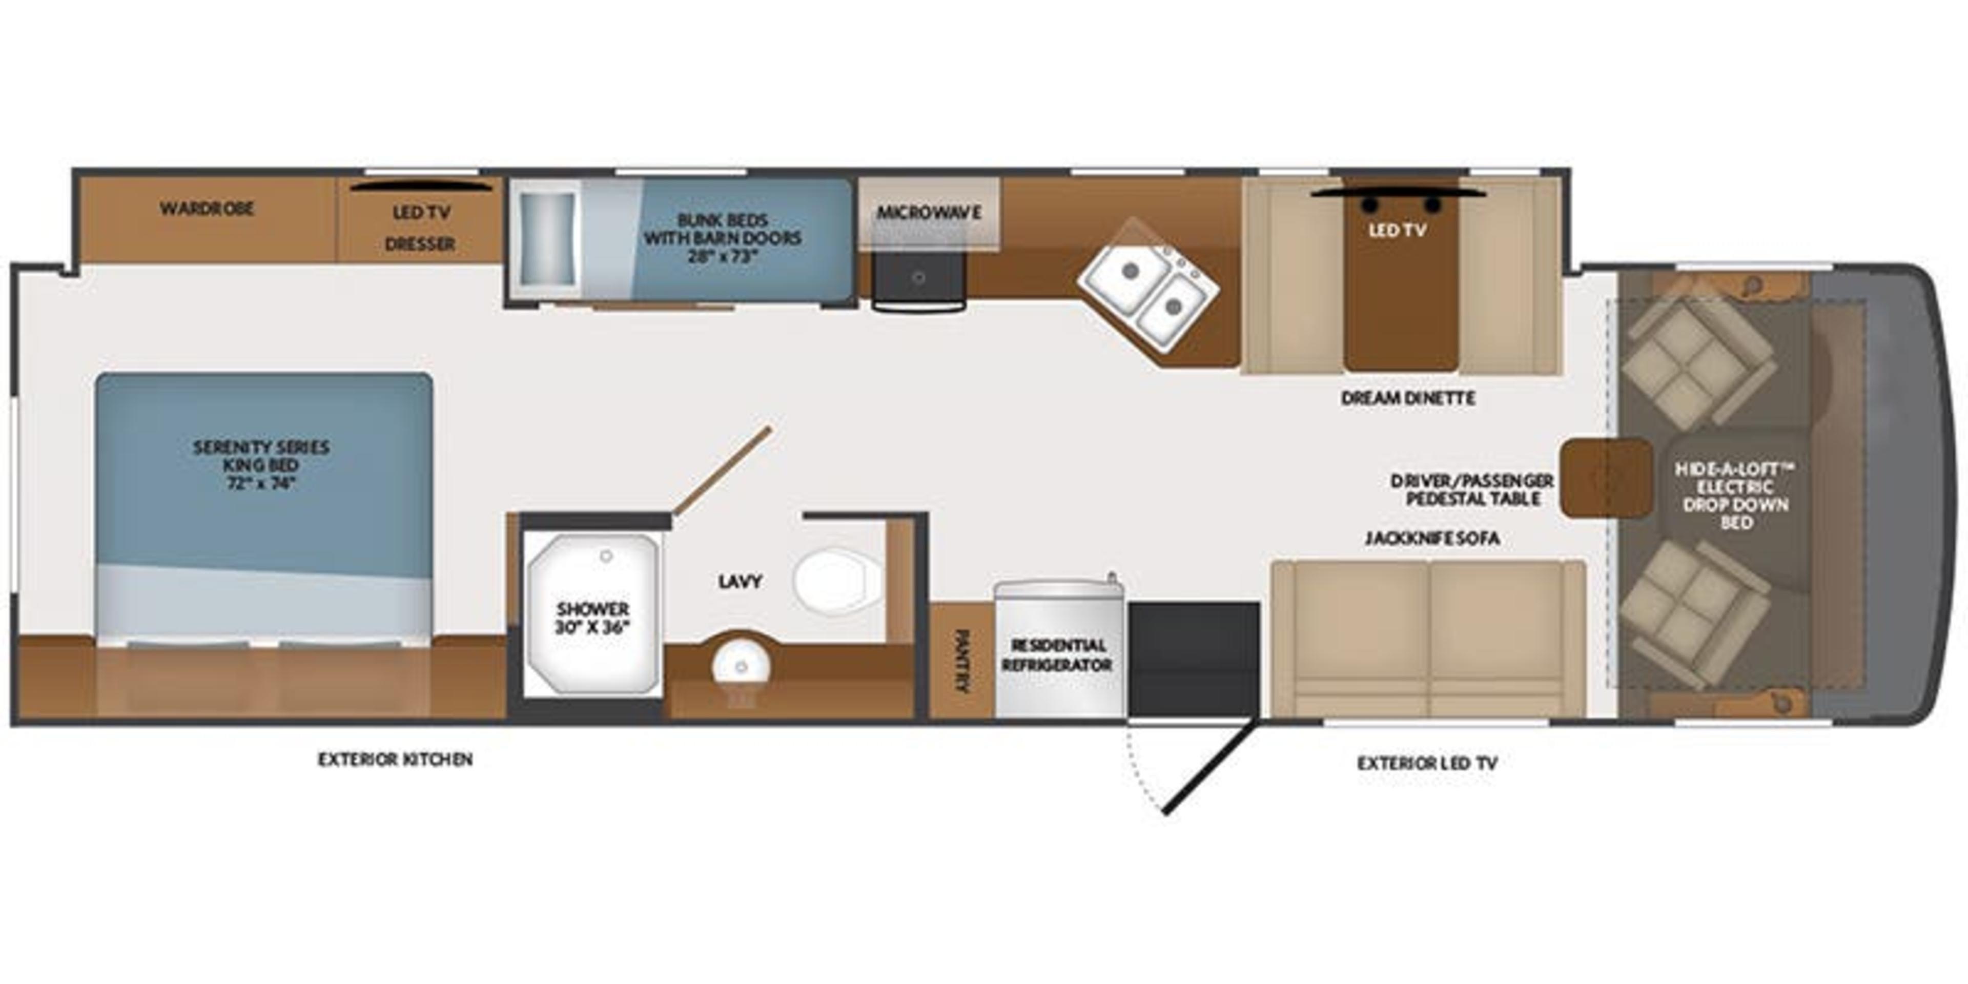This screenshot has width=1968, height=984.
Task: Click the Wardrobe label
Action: (207, 209)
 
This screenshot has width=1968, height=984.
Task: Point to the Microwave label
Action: (928, 212)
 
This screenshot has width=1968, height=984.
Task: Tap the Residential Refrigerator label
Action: (1057, 655)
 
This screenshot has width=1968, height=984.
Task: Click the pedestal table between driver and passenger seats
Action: (1604, 478)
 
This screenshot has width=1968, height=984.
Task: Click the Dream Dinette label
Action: (1408, 398)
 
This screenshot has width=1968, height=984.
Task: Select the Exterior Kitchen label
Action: (395, 760)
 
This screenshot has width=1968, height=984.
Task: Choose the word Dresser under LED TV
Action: (420, 244)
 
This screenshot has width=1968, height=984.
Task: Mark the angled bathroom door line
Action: (722, 471)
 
